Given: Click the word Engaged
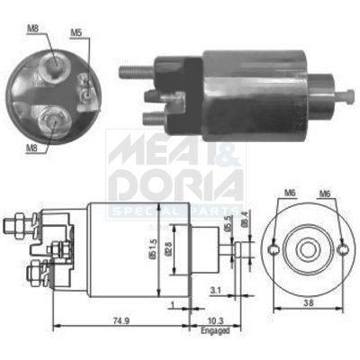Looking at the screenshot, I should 215,330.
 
